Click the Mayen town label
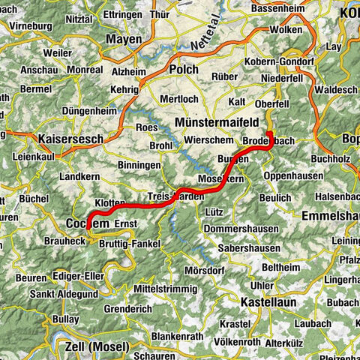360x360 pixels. click(x=124, y=39)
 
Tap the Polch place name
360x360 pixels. click(x=183, y=69)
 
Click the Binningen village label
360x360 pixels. click(x=139, y=164)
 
